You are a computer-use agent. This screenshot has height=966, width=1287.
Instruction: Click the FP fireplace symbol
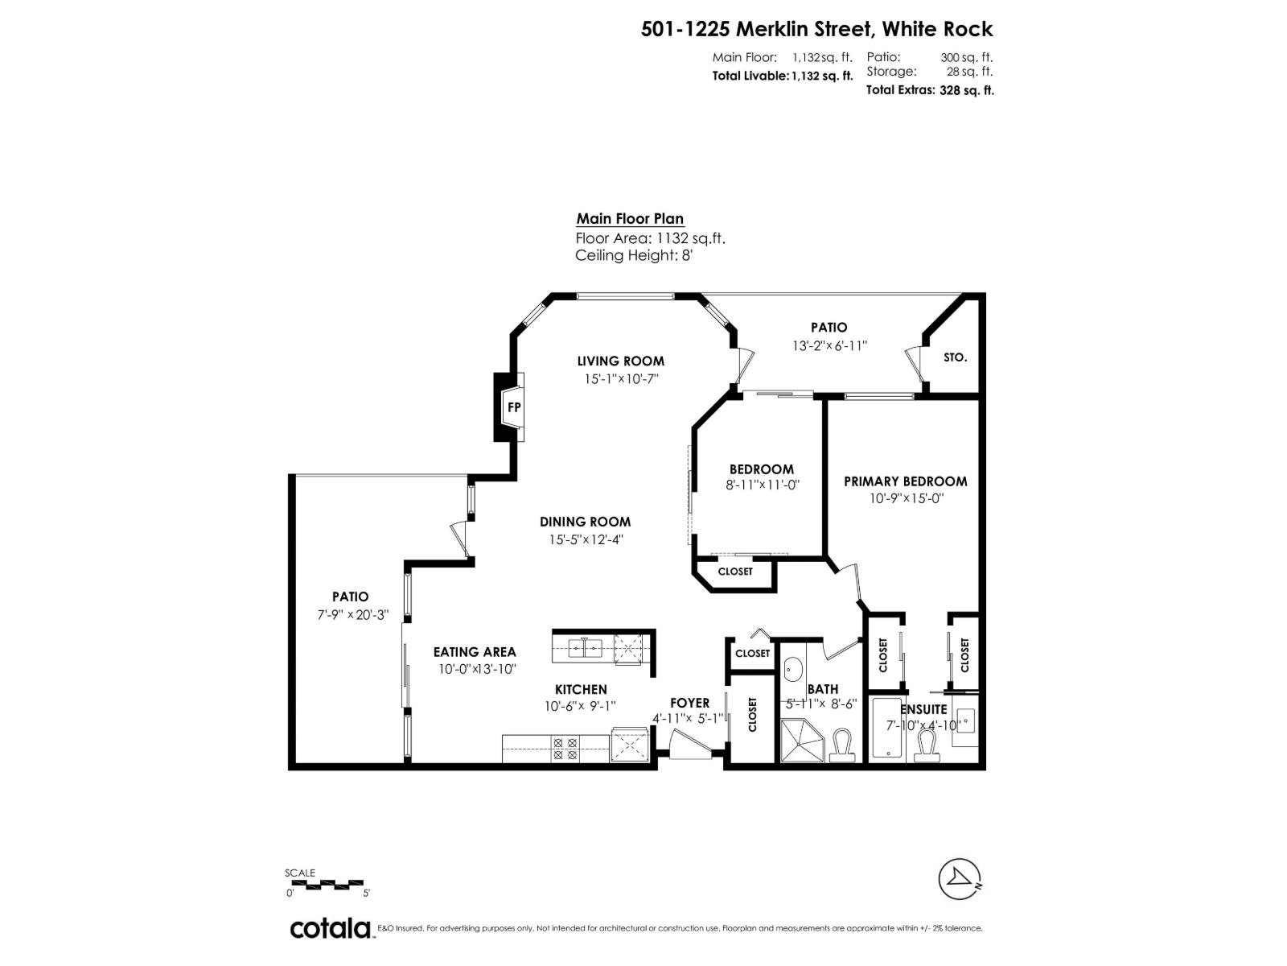point(513,407)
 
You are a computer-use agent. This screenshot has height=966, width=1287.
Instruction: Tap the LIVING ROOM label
point(620,361)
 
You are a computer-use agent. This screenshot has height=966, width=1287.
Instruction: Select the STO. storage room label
point(955,357)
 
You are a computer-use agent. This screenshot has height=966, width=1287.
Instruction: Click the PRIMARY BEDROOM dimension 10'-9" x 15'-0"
point(906,498)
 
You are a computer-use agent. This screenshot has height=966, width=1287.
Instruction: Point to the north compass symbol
point(960,880)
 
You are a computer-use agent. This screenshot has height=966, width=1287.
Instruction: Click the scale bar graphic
point(326,883)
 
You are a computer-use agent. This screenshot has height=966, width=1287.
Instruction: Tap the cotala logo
point(330,928)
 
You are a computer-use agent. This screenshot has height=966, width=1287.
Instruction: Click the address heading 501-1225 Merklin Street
point(816,29)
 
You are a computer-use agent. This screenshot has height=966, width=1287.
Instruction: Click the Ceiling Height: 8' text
point(633,256)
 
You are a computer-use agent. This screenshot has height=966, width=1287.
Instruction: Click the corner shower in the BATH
point(802,741)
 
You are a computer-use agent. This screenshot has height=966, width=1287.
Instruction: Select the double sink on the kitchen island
point(586,647)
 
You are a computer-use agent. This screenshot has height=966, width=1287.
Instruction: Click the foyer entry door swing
point(689,744)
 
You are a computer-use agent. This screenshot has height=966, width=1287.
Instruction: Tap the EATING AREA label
point(475,652)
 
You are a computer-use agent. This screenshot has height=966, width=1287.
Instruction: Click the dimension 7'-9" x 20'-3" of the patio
point(352,614)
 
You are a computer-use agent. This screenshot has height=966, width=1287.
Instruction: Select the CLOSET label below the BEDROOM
point(734,572)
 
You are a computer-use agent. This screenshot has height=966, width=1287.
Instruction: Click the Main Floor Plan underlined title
point(630,219)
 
